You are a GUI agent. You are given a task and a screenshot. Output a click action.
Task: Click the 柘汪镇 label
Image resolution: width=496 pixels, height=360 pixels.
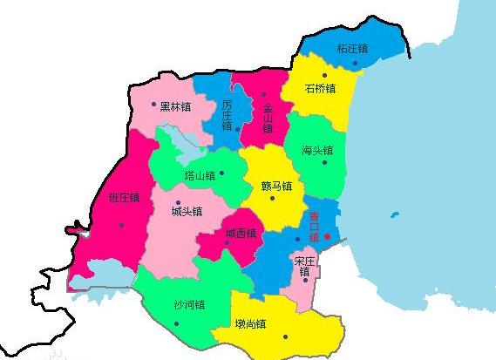point(353,48)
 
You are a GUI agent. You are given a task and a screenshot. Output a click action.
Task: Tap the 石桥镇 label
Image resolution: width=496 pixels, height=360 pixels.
point(321,88)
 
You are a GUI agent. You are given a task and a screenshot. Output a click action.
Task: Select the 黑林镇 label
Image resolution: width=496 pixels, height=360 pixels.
point(177,105)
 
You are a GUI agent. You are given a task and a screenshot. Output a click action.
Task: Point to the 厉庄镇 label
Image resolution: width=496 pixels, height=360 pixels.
point(227,115)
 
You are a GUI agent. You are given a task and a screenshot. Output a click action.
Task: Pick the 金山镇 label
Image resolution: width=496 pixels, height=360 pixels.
point(268,117)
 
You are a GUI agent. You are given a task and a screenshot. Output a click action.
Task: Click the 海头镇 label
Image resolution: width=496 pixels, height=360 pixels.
point(316,150)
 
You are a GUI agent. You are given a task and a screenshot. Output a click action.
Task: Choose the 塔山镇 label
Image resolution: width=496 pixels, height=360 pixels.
point(200,175)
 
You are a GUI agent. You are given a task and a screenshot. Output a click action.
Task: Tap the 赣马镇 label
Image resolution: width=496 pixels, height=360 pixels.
point(276,186)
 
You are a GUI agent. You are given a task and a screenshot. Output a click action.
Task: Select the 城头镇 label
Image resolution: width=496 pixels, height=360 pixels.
point(187,211)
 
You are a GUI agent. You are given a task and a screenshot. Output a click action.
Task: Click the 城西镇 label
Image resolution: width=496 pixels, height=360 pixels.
point(241,233)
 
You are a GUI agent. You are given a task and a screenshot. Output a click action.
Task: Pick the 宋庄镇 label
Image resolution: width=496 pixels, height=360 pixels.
point(303,266)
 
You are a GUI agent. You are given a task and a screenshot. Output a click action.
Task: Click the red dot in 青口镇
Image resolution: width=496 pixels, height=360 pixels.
point(327,235)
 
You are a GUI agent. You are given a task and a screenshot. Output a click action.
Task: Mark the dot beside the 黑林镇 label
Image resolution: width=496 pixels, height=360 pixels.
point(154,105)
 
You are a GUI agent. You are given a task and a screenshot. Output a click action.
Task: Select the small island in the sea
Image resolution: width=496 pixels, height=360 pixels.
point(397,214)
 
